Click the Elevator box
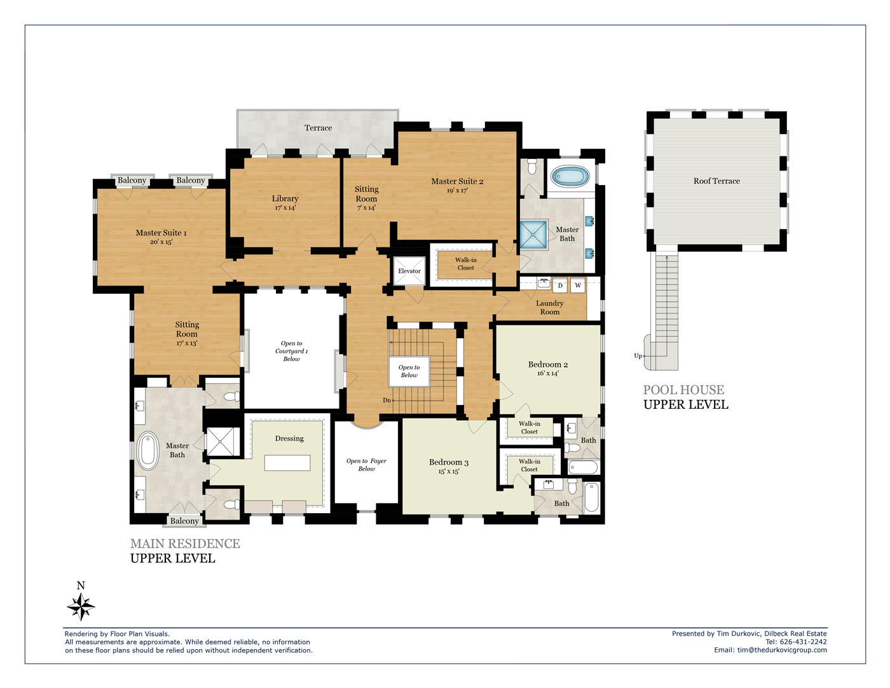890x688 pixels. pos(409,271)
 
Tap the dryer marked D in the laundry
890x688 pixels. pos(560,286)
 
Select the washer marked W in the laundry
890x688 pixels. pos(577,286)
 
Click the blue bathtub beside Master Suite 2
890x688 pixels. pos(570,177)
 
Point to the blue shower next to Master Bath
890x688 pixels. pos(533,235)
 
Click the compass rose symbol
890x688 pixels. pos(81,606)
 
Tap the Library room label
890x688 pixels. pos(285,198)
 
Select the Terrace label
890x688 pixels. pos(318,128)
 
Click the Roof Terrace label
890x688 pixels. pos(716,181)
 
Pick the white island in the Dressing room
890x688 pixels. pos(287,463)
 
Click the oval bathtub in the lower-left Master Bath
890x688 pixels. pos(148,451)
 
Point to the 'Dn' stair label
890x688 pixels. pos(387,400)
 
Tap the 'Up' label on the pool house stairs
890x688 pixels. pos(638,356)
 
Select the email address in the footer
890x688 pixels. pos(782,650)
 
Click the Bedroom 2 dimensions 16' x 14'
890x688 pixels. pos(547,373)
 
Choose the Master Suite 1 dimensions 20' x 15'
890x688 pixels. pos(161,242)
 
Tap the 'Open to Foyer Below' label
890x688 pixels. pos(366,465)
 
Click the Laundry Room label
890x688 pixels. pos(550,308)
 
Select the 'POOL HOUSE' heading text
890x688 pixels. pos(683,390)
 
